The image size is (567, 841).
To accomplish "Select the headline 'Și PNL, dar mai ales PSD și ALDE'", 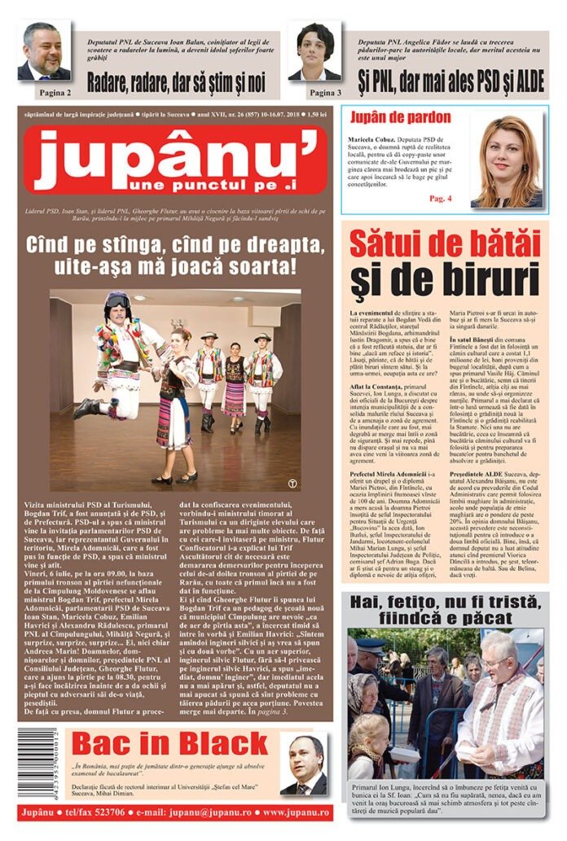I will (451, 81).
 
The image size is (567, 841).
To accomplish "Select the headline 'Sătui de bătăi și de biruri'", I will (445, 262).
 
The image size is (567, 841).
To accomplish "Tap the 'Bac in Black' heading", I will (169, 743).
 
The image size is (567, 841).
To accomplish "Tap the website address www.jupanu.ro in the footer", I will (285, 813).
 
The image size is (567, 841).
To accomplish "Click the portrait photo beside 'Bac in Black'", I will (304, 764).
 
